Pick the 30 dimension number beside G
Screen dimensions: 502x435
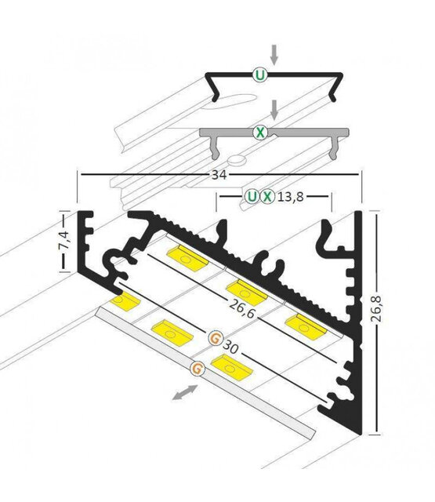230,346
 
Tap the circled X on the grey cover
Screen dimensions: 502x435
259,133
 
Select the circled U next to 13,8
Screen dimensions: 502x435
251,196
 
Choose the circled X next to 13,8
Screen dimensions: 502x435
268,196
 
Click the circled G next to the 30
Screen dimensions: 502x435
215,339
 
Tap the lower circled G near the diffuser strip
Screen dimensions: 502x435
198,366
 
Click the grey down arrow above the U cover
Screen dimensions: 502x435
274,53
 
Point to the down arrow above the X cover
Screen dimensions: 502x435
274,108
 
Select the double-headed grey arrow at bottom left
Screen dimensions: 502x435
186,391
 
